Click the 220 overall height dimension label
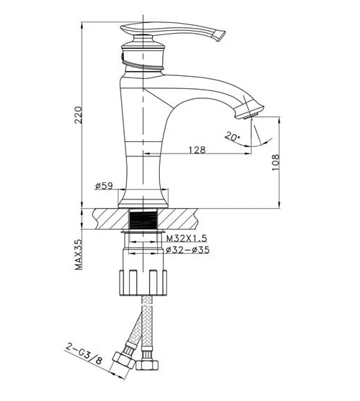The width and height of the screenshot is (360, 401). pos(78,115)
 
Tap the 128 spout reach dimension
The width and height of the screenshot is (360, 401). pos(197,150)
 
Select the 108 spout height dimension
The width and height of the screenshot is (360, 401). pos(275,162)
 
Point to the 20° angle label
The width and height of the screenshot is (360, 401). pos(232,136)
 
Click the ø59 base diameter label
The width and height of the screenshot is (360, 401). pos(104,186)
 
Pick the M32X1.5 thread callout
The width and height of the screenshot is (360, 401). pos(186,238)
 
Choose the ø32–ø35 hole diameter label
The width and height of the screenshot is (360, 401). pos(187,250)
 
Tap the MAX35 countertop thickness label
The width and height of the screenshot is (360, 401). pos(79,255)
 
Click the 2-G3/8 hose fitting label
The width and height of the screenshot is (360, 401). pos(84,354)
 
